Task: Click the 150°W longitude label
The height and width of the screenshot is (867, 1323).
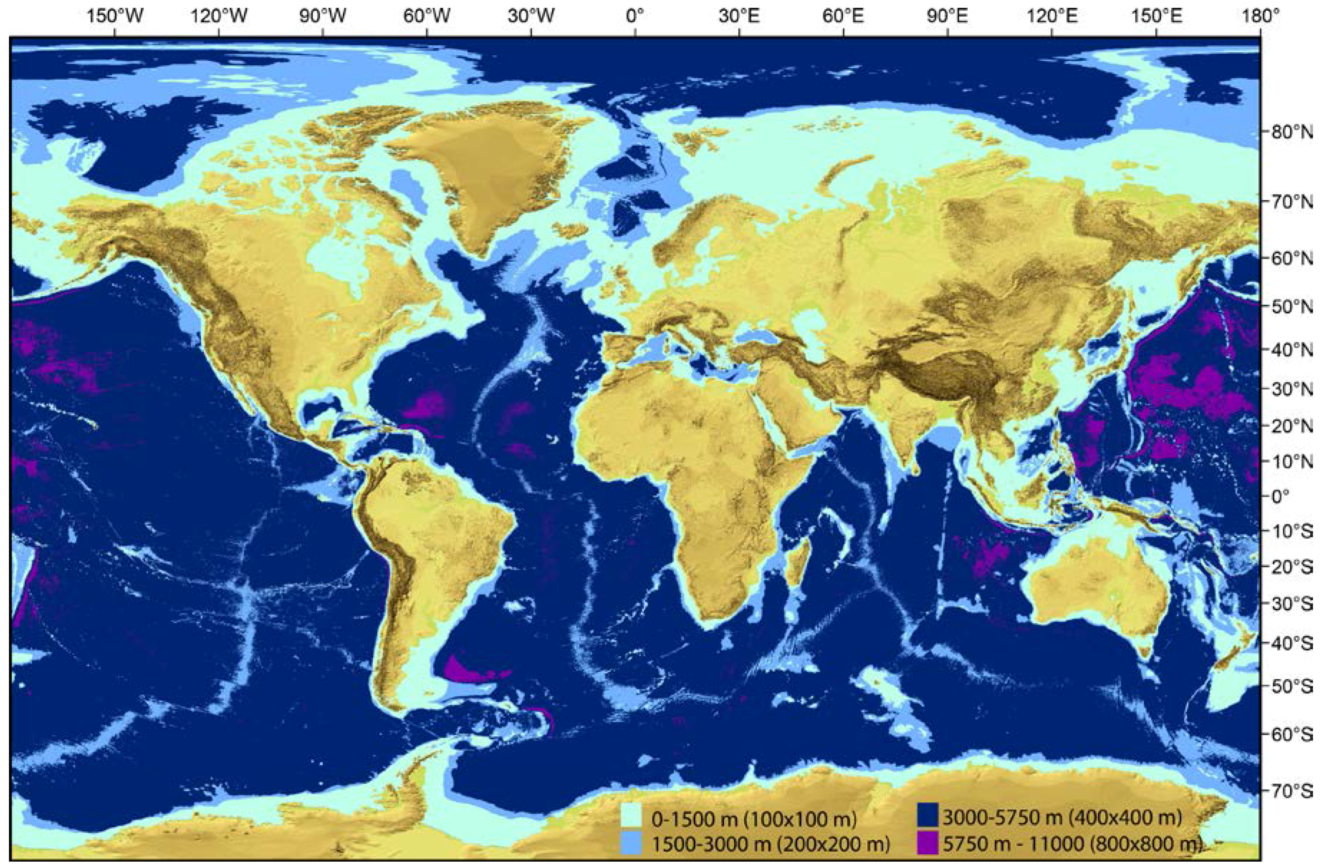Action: [115, 17]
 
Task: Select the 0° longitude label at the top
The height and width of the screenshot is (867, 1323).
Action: [635, 17]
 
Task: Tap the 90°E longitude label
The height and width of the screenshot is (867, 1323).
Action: [948, 17]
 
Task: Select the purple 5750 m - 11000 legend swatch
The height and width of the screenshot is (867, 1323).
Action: [927, 844]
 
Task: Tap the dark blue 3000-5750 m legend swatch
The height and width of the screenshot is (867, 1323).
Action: [927, 816]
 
